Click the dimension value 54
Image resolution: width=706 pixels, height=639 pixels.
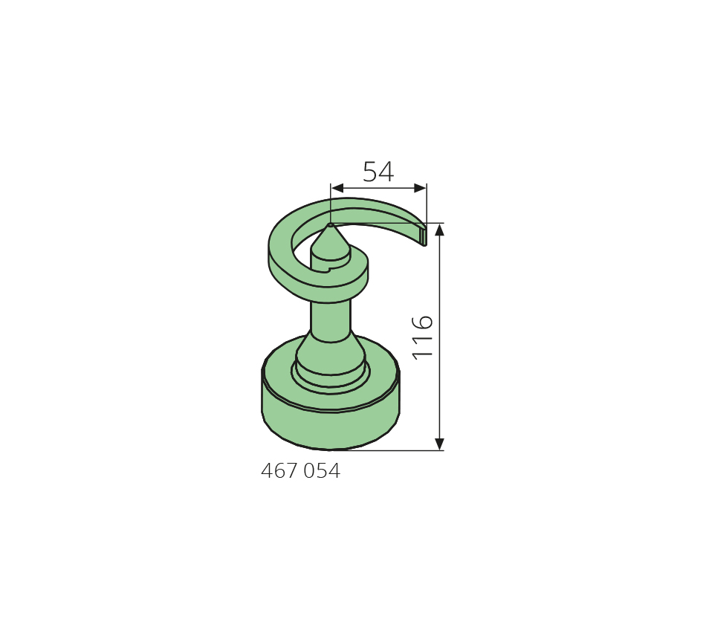tap(378, 172)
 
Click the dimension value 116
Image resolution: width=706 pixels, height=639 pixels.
tap(423, 337)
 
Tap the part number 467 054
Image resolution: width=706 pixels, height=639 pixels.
tap(300, 471)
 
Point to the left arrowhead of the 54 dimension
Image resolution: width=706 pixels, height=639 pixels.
tap(337, 188)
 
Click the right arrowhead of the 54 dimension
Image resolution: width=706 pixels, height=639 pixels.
tap(420, 188)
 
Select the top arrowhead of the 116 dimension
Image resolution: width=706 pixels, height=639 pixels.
tap(440, 230)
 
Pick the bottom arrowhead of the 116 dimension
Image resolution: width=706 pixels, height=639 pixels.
tap(440, 444)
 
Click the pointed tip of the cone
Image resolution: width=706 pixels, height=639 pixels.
tap(331, 224)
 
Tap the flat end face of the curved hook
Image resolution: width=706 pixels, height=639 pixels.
tap(424, 236)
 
